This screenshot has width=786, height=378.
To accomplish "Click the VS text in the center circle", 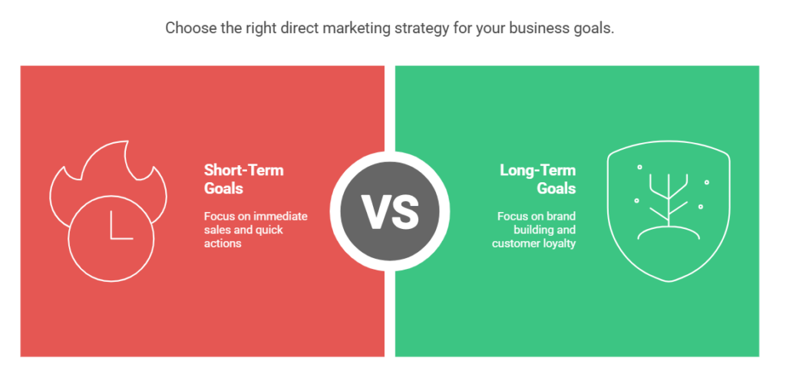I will [x=389, y=212].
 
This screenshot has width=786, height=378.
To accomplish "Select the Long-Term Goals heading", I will [x=537, y=178].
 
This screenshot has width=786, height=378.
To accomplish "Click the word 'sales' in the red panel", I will [x=218, y=230].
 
